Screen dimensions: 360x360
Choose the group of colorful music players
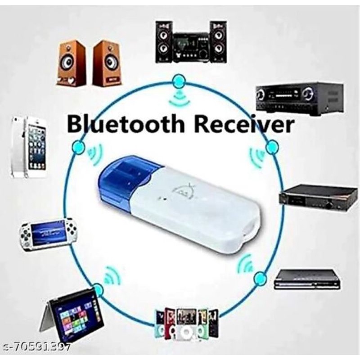186,322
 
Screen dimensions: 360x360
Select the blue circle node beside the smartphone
79,148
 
